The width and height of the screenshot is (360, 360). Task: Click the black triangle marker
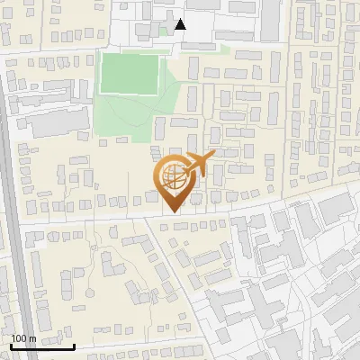coord(181,24)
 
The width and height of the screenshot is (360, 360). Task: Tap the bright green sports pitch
coord(127,74)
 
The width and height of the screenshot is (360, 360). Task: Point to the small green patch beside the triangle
coord(164,30)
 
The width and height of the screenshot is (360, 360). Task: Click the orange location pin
coord(173,184)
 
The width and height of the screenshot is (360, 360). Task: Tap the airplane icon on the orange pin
coord(198,165)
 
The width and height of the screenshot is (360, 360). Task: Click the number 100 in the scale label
coord(20,338)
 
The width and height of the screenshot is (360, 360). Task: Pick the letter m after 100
coord(32,338)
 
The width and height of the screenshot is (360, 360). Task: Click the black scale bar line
coord(42,346)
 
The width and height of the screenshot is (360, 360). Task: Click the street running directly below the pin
coord(135,217)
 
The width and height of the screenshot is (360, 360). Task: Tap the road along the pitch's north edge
coord(126,50)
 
